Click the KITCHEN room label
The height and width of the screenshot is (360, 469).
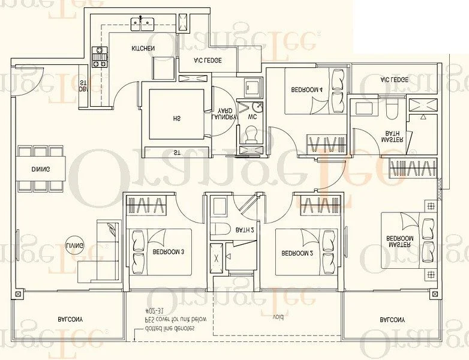[143, 48]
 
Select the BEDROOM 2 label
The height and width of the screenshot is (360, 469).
[297, 253]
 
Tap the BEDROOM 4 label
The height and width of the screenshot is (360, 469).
[307, 89]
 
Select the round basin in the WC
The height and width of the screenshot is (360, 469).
[256, 107]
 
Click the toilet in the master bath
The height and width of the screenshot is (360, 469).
[392, 109]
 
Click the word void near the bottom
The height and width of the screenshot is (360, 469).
[278, 316]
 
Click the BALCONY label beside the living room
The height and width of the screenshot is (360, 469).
[70, 319]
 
